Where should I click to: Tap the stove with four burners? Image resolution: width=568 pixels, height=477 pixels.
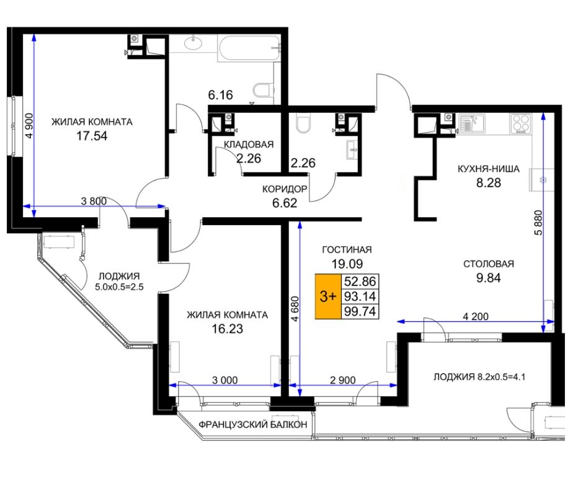[521, 123]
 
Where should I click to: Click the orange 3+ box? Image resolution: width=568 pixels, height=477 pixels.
[328, 296]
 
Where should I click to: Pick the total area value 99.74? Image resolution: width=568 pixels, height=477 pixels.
[360, 311]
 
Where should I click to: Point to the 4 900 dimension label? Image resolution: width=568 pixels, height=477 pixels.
[29, 125]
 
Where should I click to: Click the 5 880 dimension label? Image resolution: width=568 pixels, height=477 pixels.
[539, 223]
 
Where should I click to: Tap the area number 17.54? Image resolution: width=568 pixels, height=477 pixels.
[92, 136]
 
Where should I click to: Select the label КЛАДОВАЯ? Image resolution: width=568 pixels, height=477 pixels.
[249, 145]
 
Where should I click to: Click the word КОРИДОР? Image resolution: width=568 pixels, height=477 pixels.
[285, 189]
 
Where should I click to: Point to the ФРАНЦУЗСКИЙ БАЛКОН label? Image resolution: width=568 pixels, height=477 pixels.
[253, 424]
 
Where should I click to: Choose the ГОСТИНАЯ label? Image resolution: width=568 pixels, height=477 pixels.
[347, 249]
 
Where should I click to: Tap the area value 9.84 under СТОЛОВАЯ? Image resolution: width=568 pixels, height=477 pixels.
[488, 278]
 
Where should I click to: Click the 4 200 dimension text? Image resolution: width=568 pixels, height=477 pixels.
[476, 316]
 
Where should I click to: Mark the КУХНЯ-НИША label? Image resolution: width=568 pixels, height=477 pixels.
[488, 169]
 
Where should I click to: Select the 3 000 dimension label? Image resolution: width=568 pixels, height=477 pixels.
[225, 380]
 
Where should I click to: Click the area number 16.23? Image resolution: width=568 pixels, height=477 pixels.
[228, 329]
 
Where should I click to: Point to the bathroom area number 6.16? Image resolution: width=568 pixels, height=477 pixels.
[220, 95]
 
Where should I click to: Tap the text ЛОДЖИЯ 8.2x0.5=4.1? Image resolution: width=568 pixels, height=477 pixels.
[479, 377]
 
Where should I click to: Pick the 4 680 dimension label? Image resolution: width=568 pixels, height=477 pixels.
[295, 309]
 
